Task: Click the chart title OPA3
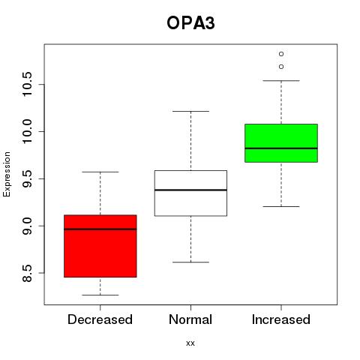(x=190, y=23)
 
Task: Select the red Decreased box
(x=100, y=246)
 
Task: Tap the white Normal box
(x=190, y=193)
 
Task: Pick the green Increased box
(x=281, y=143)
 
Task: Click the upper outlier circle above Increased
(x=281, y=54)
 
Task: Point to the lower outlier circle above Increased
(x=281, y=67)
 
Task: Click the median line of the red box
(x=100, y=229)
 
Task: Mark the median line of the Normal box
(x=190, y=190)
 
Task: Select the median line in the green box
(x=281, y=148)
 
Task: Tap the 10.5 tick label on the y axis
(x=27, y=84)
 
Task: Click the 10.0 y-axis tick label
(x=27, y=131)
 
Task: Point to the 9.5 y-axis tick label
(x=27, y=178)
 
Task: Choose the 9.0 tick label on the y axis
(x=27, y=226)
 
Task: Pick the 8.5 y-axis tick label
(x=27, y=273)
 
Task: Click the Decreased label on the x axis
(x=100, y=319)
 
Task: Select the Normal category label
(x=190, y=319)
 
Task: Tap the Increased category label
(x=281, y=319)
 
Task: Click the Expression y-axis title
(x=7, y=174)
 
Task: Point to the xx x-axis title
(x=190, y=343)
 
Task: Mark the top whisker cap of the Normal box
(x=190, y=111)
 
